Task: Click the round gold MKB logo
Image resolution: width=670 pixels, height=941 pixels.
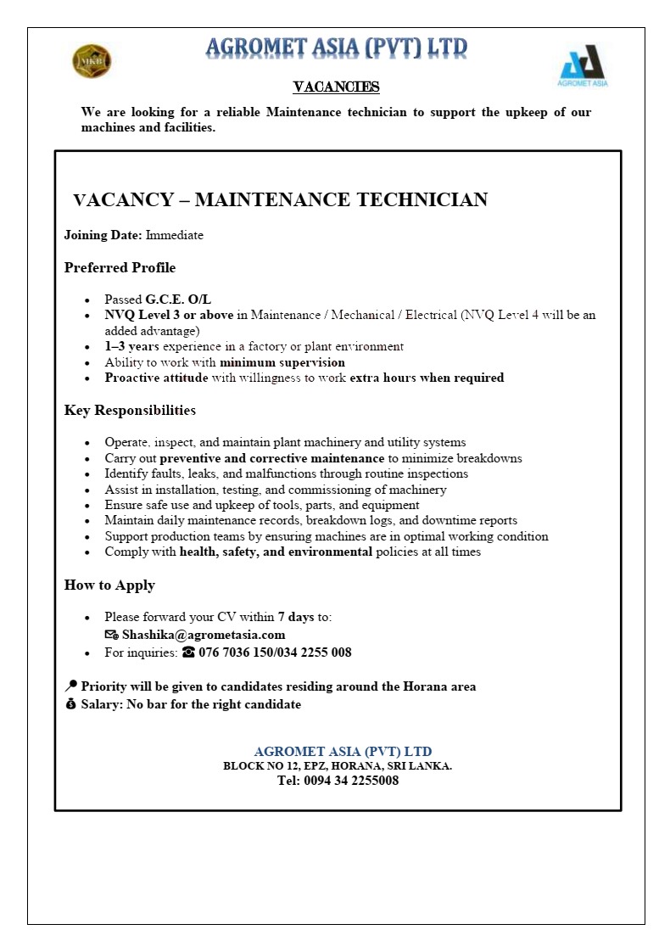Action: coord(92,61)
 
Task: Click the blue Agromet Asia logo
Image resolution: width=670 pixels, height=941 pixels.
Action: coord(583,64)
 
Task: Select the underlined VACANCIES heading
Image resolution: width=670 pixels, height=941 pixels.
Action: coord(336,87)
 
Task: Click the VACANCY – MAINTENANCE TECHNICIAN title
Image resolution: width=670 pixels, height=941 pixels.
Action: coord(281,199)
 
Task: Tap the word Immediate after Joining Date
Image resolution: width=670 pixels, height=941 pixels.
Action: coord(175,235)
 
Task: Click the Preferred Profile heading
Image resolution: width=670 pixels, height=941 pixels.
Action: coord(120,267)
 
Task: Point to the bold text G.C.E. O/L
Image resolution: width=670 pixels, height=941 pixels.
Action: coord(178,300)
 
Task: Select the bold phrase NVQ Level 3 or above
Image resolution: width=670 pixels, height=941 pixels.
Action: coord(169,315)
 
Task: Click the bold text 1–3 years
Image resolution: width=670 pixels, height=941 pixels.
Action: coord(131,346)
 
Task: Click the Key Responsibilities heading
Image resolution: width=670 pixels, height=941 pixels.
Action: coord(130,410)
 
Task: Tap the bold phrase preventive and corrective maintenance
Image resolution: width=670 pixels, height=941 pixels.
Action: coord(272,458)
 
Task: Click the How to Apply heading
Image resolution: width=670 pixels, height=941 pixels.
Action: coord(109,585)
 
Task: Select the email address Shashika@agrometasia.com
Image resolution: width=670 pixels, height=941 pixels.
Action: coord(204,635)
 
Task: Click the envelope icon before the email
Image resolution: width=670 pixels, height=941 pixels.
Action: coord(111,635)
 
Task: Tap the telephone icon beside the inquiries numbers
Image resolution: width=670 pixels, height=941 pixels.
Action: coord(188,653)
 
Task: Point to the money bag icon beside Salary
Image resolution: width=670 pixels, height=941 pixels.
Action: coord(70,704)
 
